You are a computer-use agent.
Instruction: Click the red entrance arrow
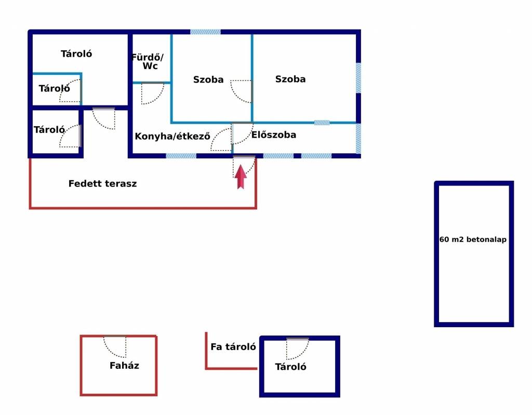point(241,177)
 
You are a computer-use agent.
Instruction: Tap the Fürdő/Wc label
point(148,61)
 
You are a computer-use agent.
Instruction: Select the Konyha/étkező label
point(172,137)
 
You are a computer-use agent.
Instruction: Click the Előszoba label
point(274,135)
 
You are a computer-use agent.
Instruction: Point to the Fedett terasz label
point(102,183)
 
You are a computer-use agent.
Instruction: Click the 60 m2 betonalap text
point(473,239)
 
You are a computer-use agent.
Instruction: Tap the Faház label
point(124,366)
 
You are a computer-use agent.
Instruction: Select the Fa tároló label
point(233,347)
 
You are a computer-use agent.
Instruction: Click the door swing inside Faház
point(115,346)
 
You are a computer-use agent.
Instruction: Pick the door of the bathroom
point(153,93)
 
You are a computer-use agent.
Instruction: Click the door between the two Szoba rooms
point(241,91)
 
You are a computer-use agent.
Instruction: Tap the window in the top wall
point(205,32)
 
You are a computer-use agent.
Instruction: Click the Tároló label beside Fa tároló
point(290,367)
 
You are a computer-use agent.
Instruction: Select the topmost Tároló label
point(76,53)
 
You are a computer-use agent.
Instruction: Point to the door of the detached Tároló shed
point(298,349)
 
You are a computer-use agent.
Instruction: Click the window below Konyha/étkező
point(181,156)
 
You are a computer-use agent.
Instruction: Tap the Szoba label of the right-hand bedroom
point(290,79)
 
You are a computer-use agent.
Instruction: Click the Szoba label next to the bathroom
point(208,80)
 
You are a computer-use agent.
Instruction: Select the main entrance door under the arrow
point(244,167)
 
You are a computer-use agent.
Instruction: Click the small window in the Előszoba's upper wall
point(322,123)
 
